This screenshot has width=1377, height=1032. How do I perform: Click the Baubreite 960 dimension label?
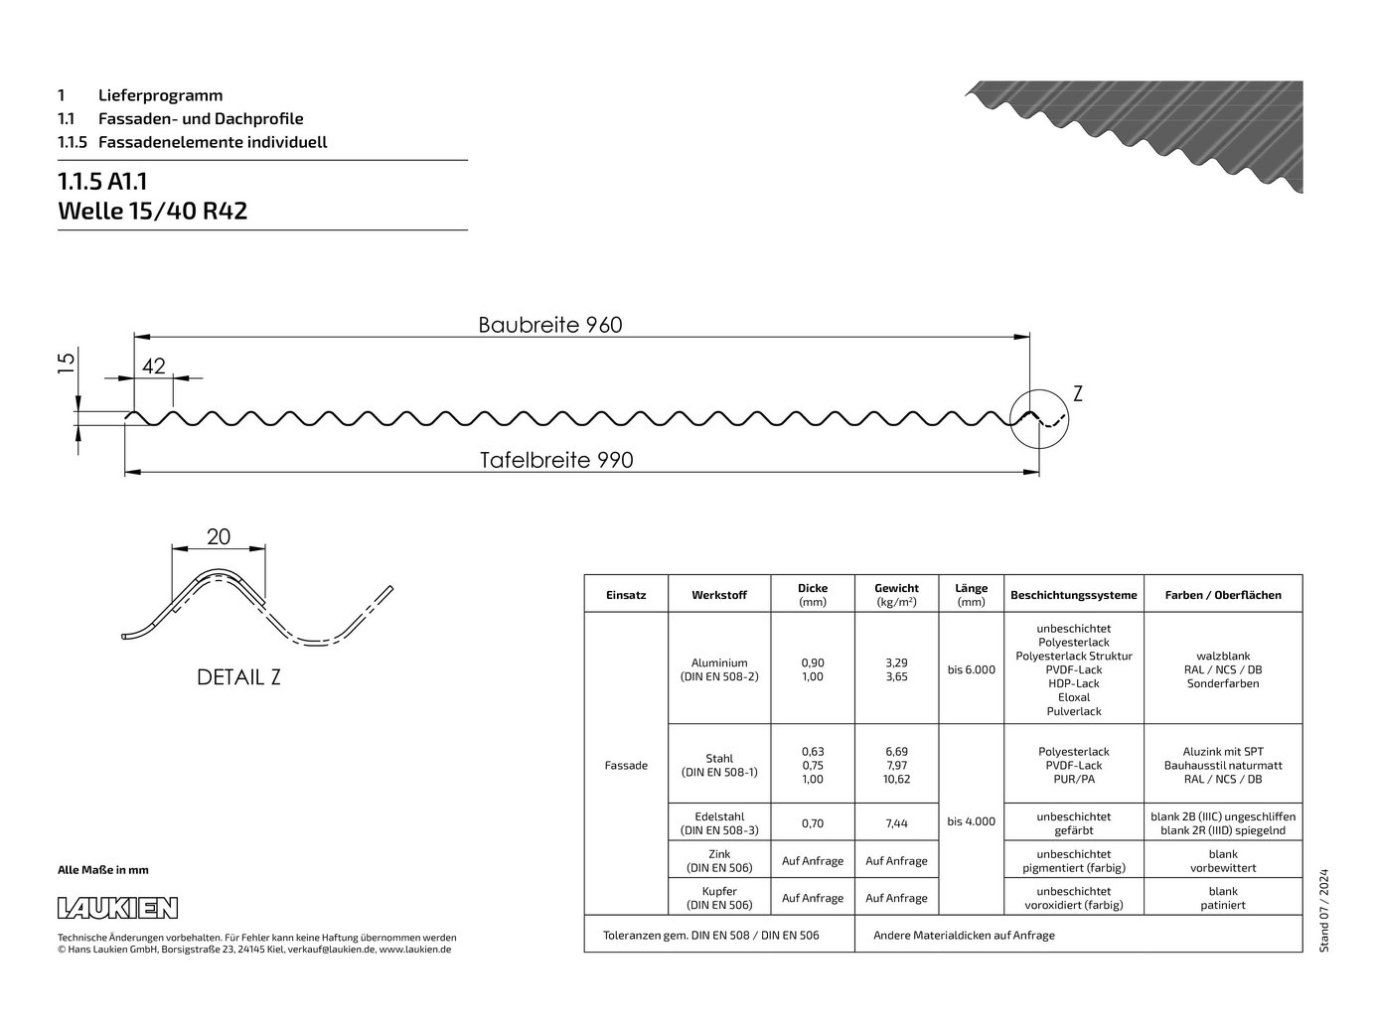[x=550, y=325]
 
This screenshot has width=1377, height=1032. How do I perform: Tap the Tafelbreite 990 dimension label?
[x=556, y=460]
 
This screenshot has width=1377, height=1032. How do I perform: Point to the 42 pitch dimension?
[x=154, y=366]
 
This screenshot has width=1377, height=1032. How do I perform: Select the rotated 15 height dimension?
[x=66, y=363]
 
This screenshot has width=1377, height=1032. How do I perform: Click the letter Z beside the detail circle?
[x=1078, y=393]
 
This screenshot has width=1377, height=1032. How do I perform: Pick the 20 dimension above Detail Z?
[x=219, y=536]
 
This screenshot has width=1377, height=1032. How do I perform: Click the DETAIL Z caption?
[x=238, y=677]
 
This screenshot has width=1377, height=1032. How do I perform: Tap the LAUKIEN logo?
[x=117, y=908]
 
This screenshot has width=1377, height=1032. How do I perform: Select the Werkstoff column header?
[x=719, y=595]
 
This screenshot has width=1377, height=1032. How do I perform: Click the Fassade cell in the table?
[x=626, y=766]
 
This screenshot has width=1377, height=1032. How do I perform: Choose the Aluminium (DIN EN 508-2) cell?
[x=719, y=669]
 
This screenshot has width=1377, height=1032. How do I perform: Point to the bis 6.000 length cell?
[x=971, y=669]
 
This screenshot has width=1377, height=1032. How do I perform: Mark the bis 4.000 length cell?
[x=971, y=821]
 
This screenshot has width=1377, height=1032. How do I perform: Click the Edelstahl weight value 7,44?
[x=896, y=823]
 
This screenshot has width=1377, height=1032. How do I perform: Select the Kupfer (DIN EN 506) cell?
[x=719, y=898]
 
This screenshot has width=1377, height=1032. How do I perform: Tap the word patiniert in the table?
[x=1223, y=905]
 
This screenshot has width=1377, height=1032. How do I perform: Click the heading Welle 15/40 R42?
[x=152, y=211]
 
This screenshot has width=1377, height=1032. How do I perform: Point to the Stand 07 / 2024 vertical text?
[x=1323, y=911]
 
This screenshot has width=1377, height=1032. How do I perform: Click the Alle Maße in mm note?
[x=103, y=870]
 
